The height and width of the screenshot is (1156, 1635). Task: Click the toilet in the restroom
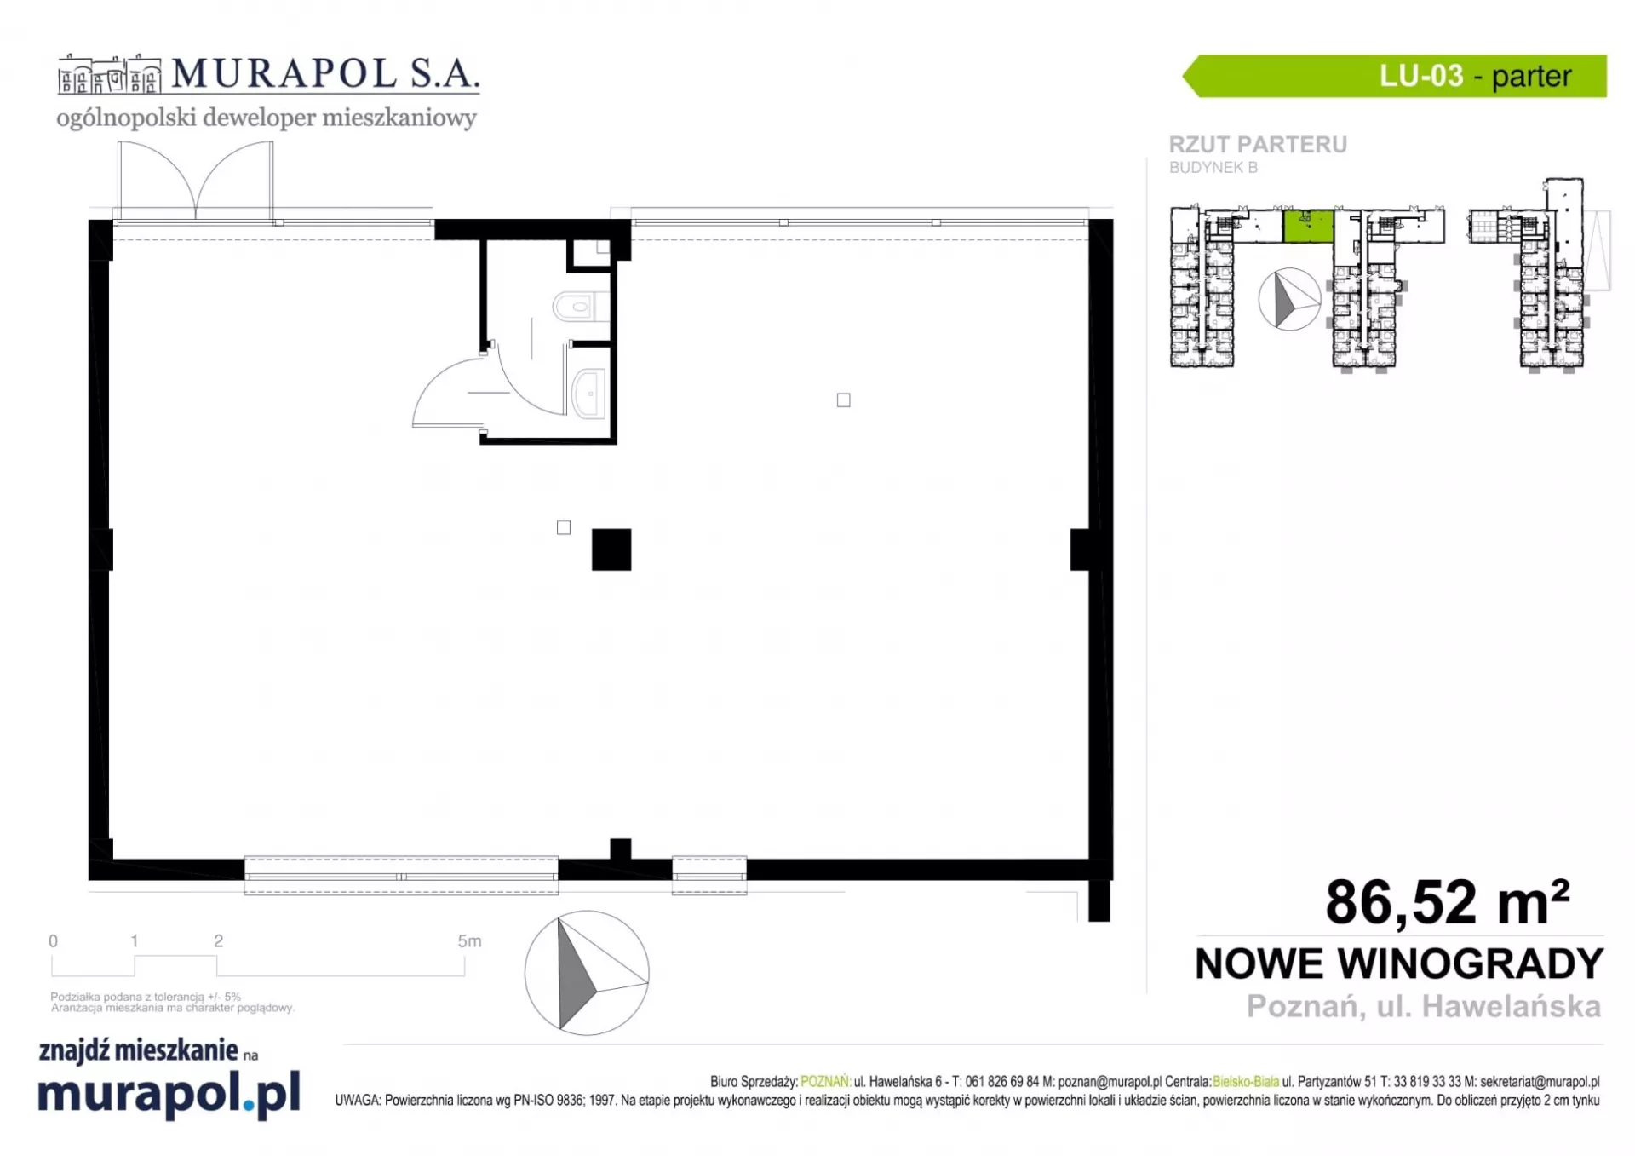[581, 306]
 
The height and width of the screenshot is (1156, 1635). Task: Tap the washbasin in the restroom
[588, 393]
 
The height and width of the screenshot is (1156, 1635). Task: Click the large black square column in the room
[611, 549]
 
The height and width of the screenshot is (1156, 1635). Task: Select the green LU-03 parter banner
[1394, 76]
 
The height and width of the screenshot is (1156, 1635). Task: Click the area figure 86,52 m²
[1447, 901]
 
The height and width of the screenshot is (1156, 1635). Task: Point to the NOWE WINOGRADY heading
[1399, 963]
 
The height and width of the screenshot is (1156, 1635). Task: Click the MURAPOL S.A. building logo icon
[109, 75]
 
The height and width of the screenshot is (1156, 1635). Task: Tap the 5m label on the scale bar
[469, 941]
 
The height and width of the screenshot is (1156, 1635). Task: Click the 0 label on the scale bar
[53, 941]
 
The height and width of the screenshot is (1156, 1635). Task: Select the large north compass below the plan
[587, 973]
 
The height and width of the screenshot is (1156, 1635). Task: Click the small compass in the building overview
[1289, 299]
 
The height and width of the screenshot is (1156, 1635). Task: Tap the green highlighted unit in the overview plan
[1308, 226]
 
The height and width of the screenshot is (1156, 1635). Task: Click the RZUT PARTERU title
[1258, 145]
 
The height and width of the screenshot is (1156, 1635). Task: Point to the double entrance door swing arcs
[196, 179]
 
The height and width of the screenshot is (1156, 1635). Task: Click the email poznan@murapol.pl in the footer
[1110, 1082]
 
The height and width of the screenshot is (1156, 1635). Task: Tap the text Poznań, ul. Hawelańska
[1424, 1006]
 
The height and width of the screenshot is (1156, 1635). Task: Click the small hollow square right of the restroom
[843, 400]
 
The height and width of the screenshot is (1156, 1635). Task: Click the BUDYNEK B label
[1213, 168]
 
